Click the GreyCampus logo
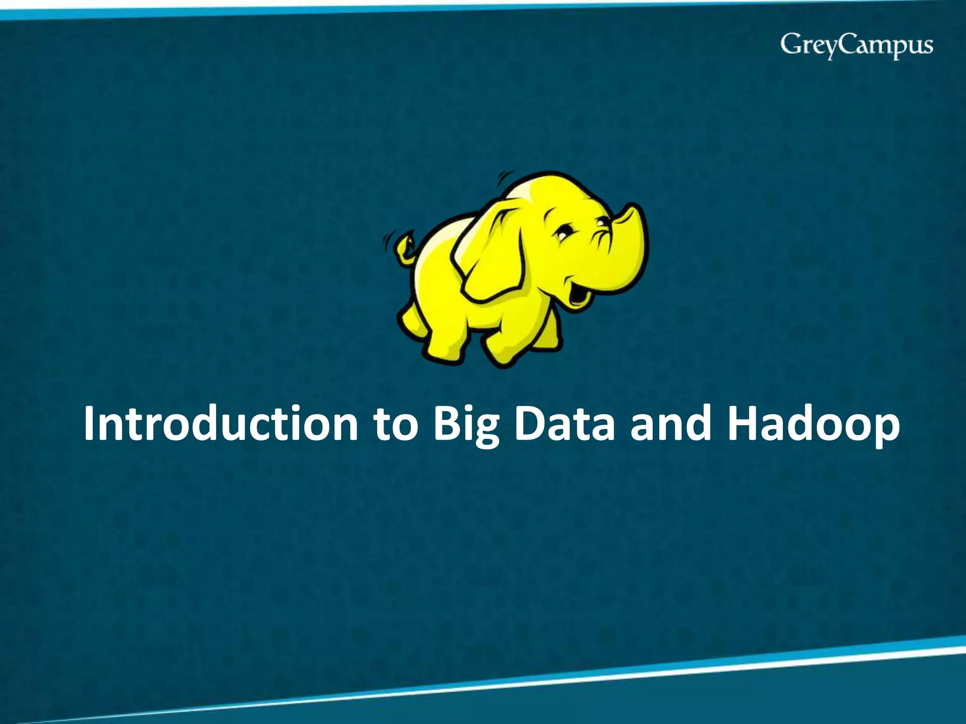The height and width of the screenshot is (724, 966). coord(856,46)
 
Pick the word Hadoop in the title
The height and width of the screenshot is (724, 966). coord(813,424)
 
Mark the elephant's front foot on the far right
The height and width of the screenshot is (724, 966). coord(547,339)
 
